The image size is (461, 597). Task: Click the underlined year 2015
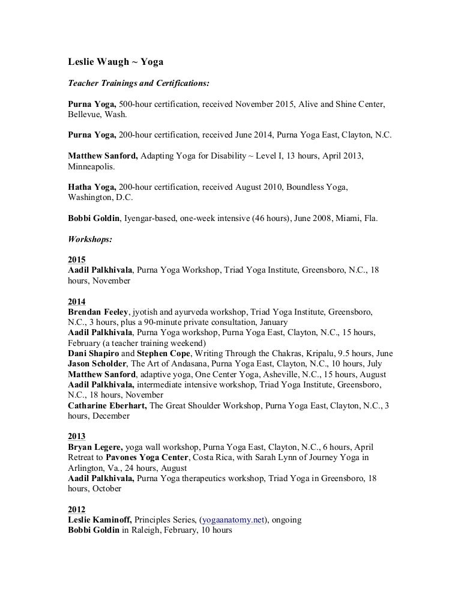[77, 260]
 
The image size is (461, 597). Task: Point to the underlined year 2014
[77, 302]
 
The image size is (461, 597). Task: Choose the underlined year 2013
[77, 436]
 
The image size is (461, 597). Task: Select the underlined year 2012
[77, 509]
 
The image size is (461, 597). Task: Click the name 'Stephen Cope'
[144, 353]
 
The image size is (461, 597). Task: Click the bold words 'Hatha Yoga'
[91, 187]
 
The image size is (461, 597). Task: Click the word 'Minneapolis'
[92, 166]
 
